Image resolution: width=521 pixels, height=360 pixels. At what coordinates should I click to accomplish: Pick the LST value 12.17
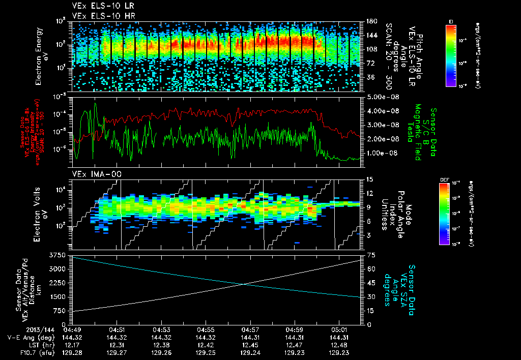click(x=73, y=344)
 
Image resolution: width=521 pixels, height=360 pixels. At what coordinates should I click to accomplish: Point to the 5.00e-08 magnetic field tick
click(x=378, y=97)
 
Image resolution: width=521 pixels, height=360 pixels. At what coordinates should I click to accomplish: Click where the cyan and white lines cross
click(x=245, y=284)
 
